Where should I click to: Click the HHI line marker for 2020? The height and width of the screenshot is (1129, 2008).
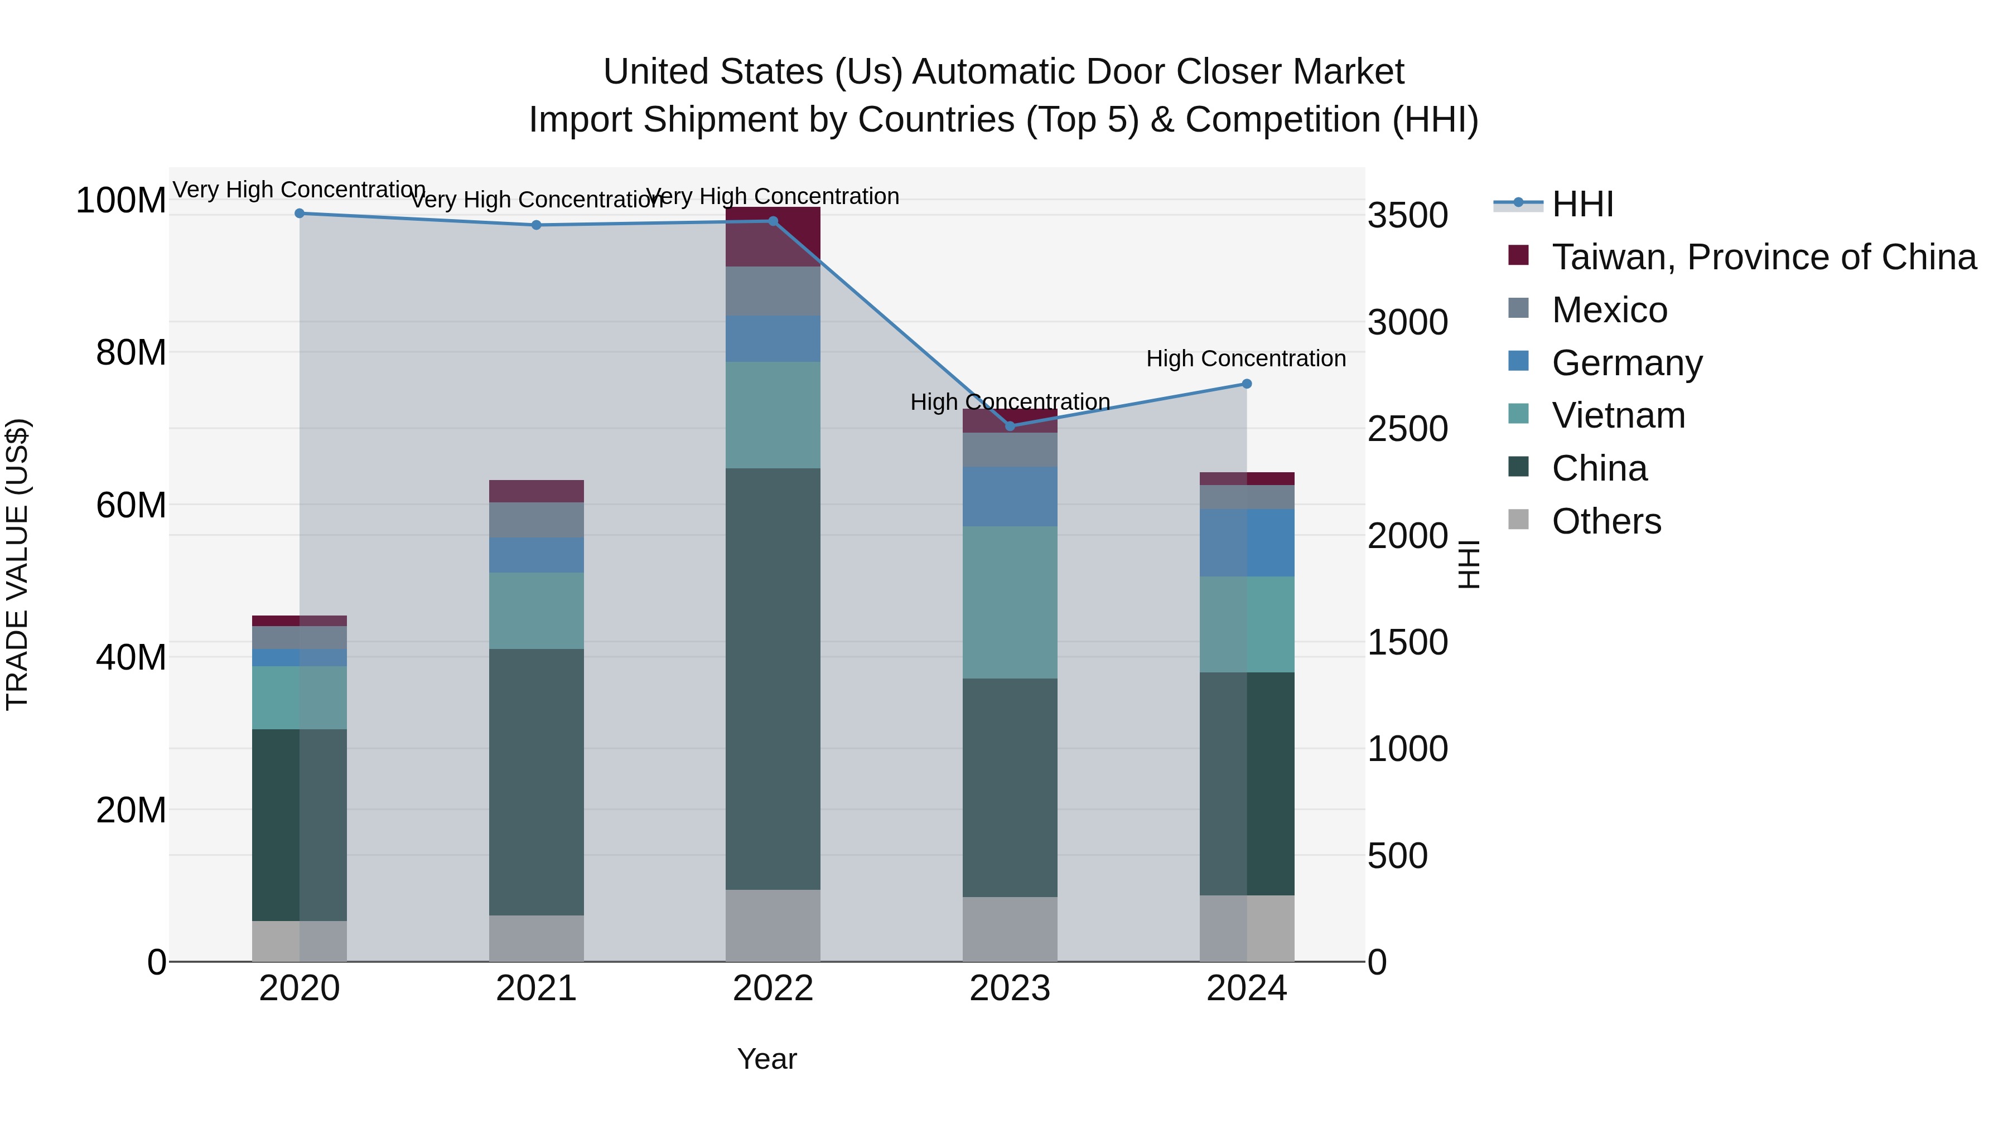(300, 214)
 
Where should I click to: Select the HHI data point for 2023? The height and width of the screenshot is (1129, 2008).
(1010, 426)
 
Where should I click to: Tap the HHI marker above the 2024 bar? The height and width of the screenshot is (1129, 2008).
(1247, 384)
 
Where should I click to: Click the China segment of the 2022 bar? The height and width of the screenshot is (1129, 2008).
(773, 678)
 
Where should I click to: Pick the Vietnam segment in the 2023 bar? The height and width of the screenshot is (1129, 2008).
(1010, 602)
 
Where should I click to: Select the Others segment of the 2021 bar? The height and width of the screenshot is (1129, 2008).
(536, 938)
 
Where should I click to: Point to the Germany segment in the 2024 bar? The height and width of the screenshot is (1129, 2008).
(1247, 542)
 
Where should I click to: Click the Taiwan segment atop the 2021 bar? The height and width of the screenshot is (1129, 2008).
(536, 491)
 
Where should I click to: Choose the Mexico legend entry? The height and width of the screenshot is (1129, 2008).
(1609, 310)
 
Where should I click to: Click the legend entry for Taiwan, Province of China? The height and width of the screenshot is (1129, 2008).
(1763, 257)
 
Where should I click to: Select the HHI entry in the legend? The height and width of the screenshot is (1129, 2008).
(1582, 204)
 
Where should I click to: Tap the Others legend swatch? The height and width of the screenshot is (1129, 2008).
(1518, 520)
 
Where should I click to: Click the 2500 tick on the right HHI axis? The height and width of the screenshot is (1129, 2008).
(1408, 429)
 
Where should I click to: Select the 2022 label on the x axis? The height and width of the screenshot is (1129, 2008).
(773, 989)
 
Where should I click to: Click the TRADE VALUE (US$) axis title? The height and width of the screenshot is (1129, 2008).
(17, 564)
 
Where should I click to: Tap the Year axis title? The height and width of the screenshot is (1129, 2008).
(767, 1059)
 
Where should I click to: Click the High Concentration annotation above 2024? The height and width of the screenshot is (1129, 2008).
(1246, 358)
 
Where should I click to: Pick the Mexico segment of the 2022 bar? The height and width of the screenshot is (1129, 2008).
(773, 290)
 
